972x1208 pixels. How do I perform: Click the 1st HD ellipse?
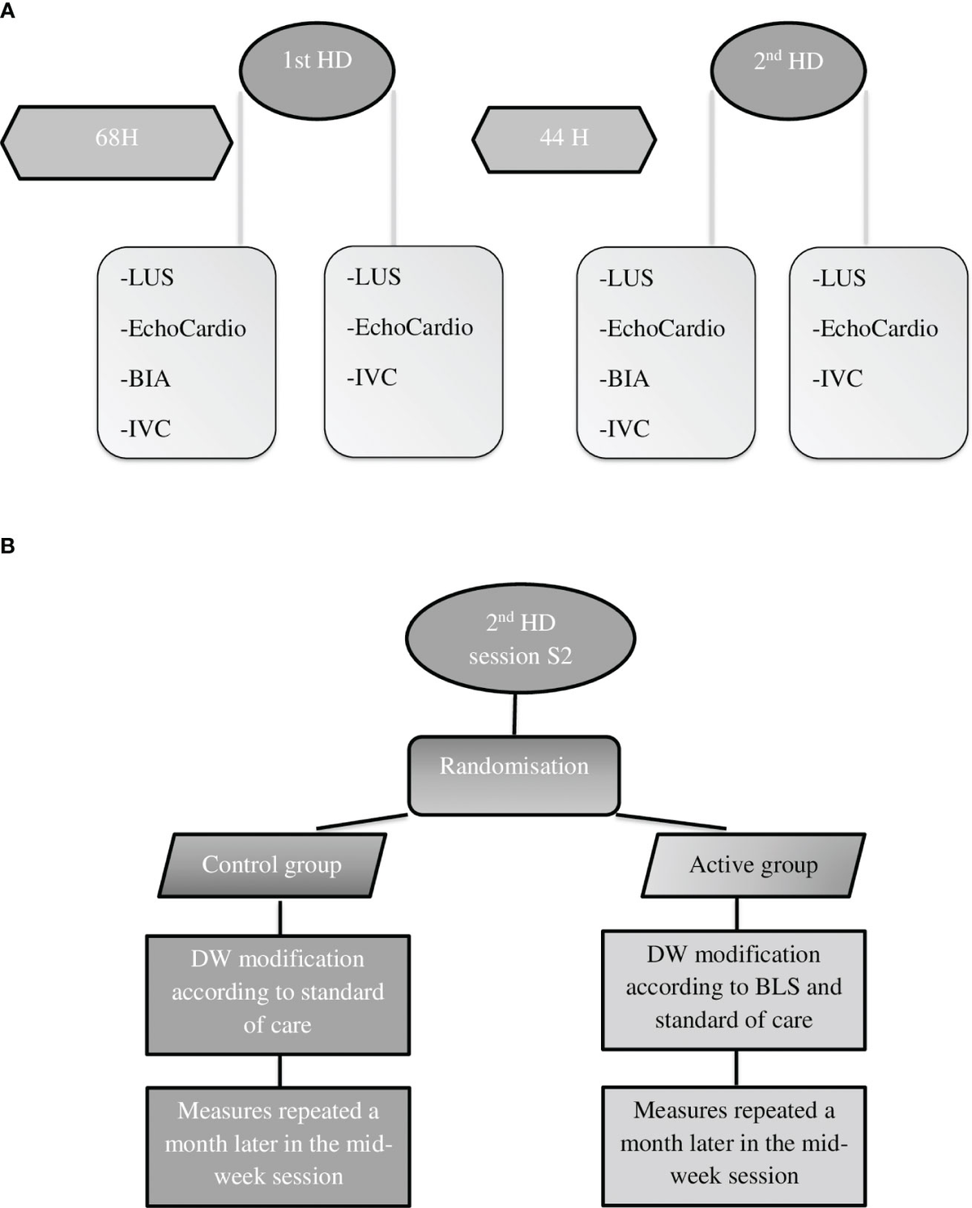(317, 70)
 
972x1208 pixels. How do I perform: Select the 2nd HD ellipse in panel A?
(788, 70)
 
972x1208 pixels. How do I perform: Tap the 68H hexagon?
(117, 142)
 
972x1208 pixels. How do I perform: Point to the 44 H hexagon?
(564, 139)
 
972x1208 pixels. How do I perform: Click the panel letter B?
(7, 546)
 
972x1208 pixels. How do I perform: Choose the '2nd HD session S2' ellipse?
(520, 639)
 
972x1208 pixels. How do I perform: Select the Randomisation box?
(514, 775)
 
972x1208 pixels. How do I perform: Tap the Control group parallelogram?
(271, 865)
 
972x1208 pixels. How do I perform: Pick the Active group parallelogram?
(753, 865)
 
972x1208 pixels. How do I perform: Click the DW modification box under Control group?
(278, 994)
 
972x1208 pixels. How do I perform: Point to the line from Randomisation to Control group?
(361, 822)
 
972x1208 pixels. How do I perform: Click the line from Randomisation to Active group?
(671, 822)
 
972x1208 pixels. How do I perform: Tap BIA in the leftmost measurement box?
(149, 378)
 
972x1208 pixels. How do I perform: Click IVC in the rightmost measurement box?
(841, 378)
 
